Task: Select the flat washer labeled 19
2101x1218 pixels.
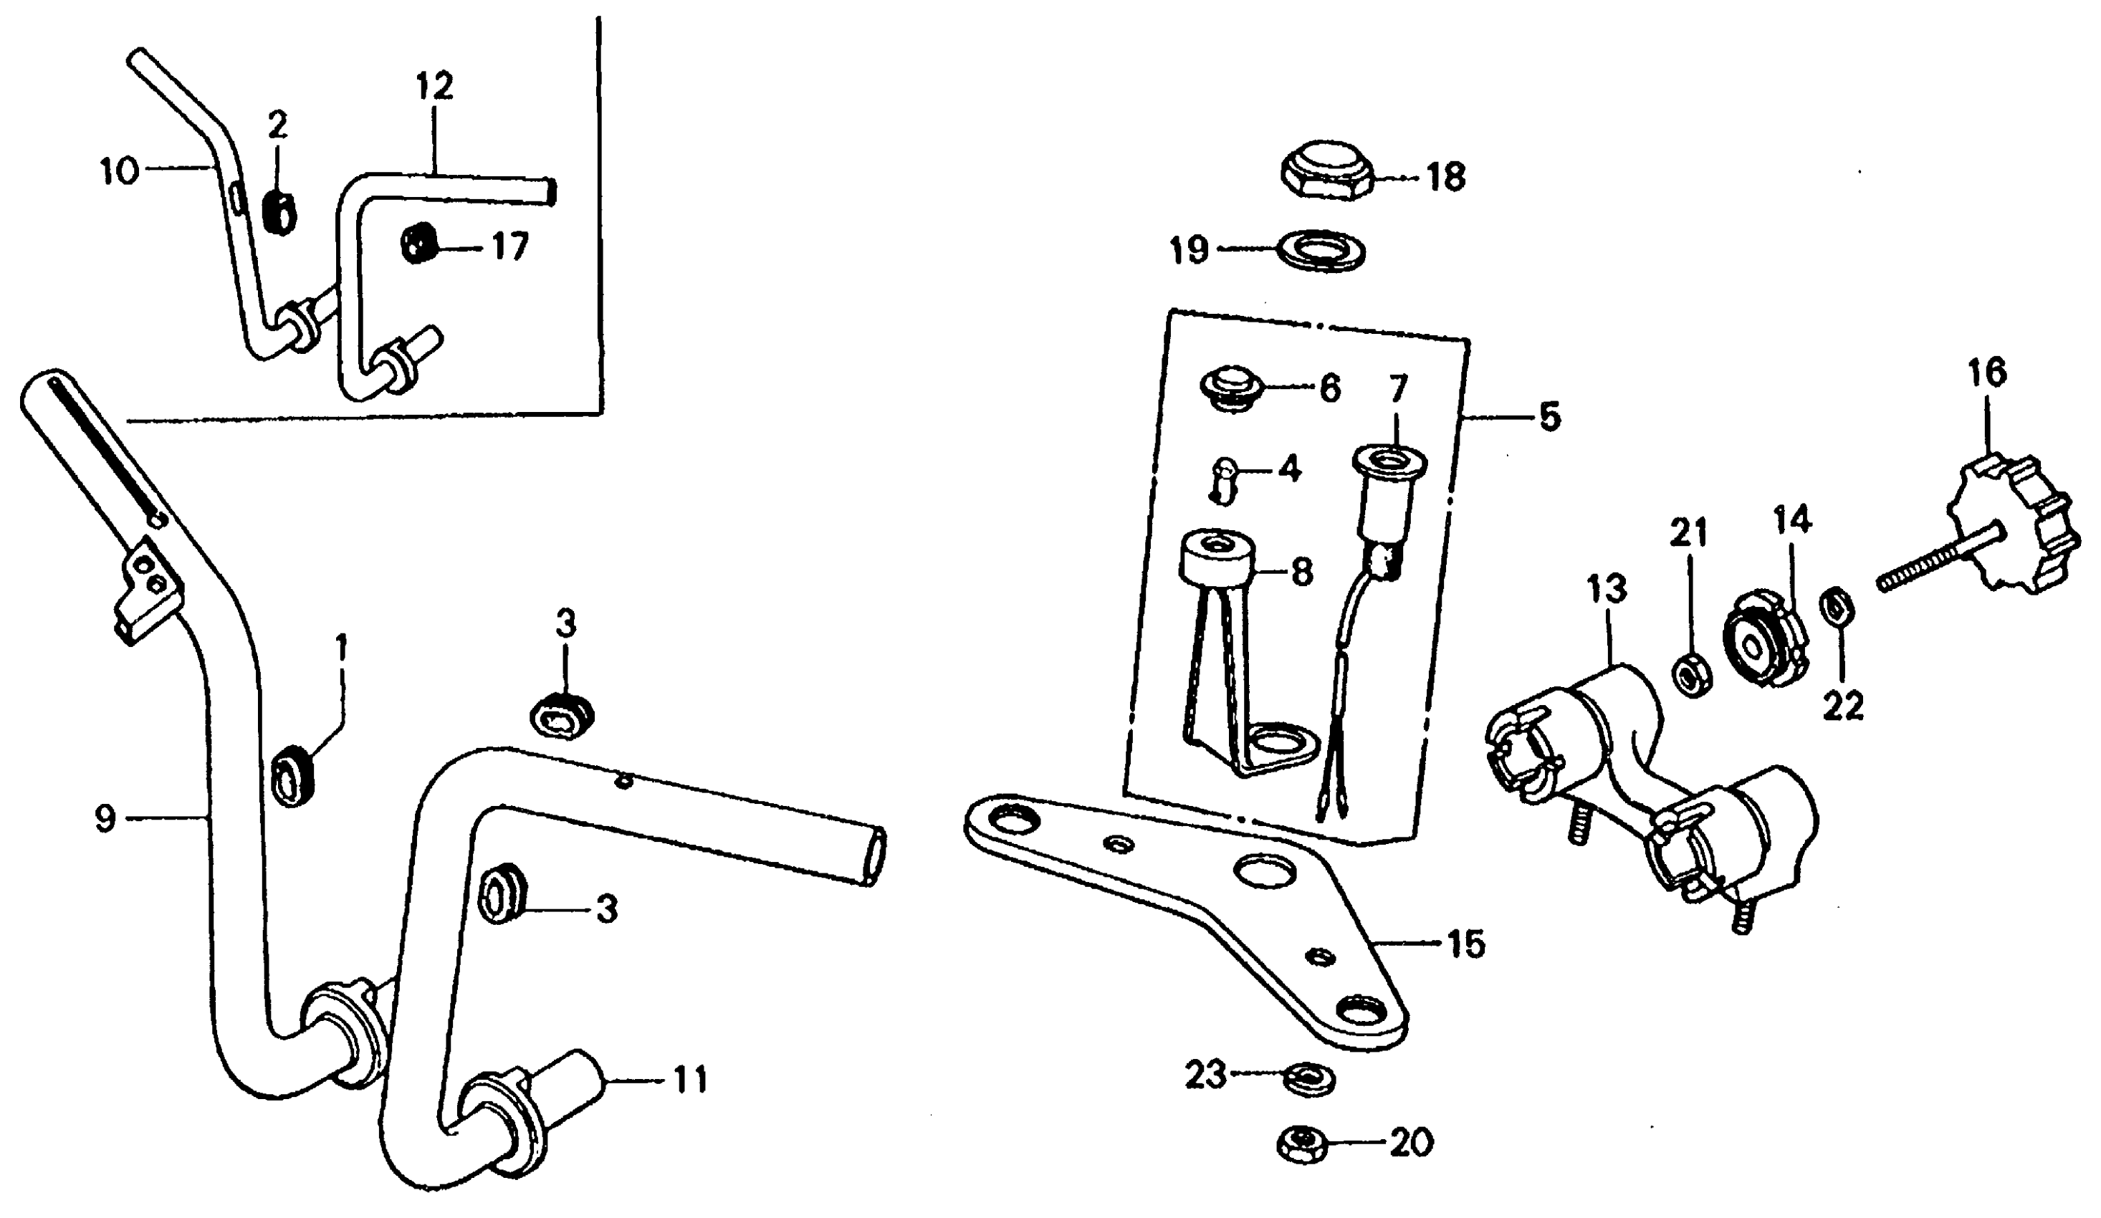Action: click(1322, 250)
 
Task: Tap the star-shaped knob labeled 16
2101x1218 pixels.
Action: click(2009, 525)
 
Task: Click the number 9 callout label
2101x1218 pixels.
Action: click(105, 820)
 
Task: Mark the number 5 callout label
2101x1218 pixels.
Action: click(1549, 417)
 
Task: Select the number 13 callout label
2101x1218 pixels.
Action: click(1607, 590)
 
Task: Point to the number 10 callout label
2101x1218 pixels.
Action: click(118, 173)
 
